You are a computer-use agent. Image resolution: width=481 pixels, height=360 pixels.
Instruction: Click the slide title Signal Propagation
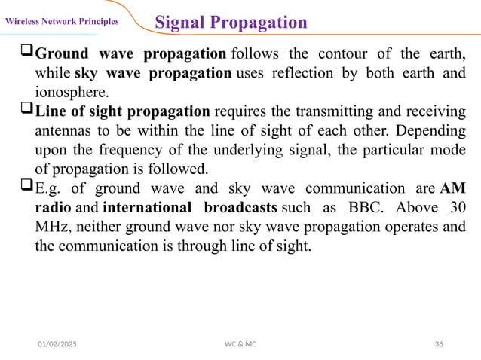click(x=231, y=22)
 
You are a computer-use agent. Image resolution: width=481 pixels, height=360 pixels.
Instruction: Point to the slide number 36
click(x=439, y=344)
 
